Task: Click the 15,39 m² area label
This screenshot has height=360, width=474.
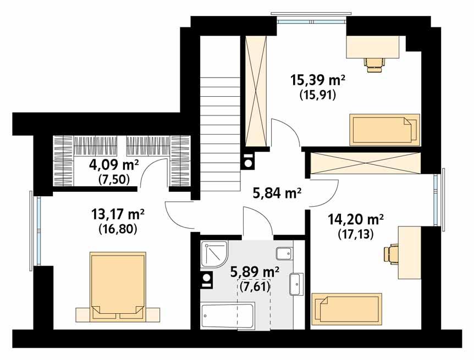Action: [317, 80]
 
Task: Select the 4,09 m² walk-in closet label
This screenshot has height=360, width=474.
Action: [113, 164]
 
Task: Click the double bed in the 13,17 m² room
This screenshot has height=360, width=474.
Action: [119, 286]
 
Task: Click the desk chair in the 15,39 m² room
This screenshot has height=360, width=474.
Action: [374, 63]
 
